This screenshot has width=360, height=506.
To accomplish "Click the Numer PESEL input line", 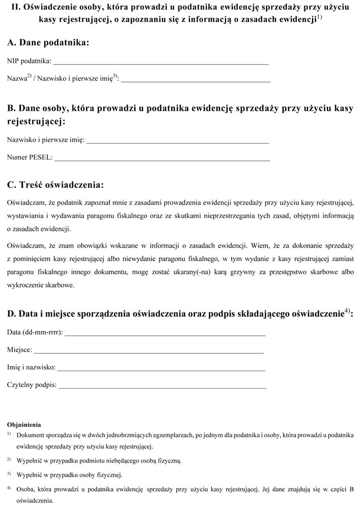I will pyautogui.click(x=162, y=159).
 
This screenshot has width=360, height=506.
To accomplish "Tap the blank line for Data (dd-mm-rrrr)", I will pyautogui.click(x=165, y=334).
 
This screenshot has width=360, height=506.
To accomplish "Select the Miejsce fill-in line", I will pyautogui.click(x=149, y=351).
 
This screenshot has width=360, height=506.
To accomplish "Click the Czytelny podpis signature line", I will pyautogui.click(x=162, y=387).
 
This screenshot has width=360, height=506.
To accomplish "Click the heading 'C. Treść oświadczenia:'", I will pyautogui.click(x=55, y=184).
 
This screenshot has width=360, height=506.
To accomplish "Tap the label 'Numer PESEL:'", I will pyautogui.click(x=30, y=158).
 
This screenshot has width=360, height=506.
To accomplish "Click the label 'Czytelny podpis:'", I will pyautogui.click(x=32, y=385).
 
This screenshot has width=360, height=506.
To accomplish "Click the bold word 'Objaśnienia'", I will pyautogui.click(x=24, y=425).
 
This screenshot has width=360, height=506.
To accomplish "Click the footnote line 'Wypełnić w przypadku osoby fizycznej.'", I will pyautogui.click(x=70, y=475).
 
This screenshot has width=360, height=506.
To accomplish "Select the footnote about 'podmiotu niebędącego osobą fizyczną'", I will pyautogui.click(x=99, y=460).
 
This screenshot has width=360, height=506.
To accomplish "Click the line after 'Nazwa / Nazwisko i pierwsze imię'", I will pyautogui.click(x=195, y=80).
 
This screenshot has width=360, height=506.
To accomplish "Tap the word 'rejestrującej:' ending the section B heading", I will pyautogui.click(x=36, y=121).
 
